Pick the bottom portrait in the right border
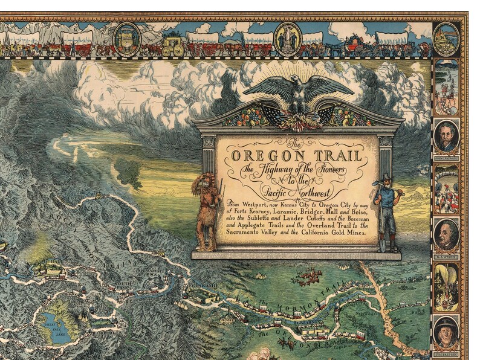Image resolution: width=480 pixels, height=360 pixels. (446, 331)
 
